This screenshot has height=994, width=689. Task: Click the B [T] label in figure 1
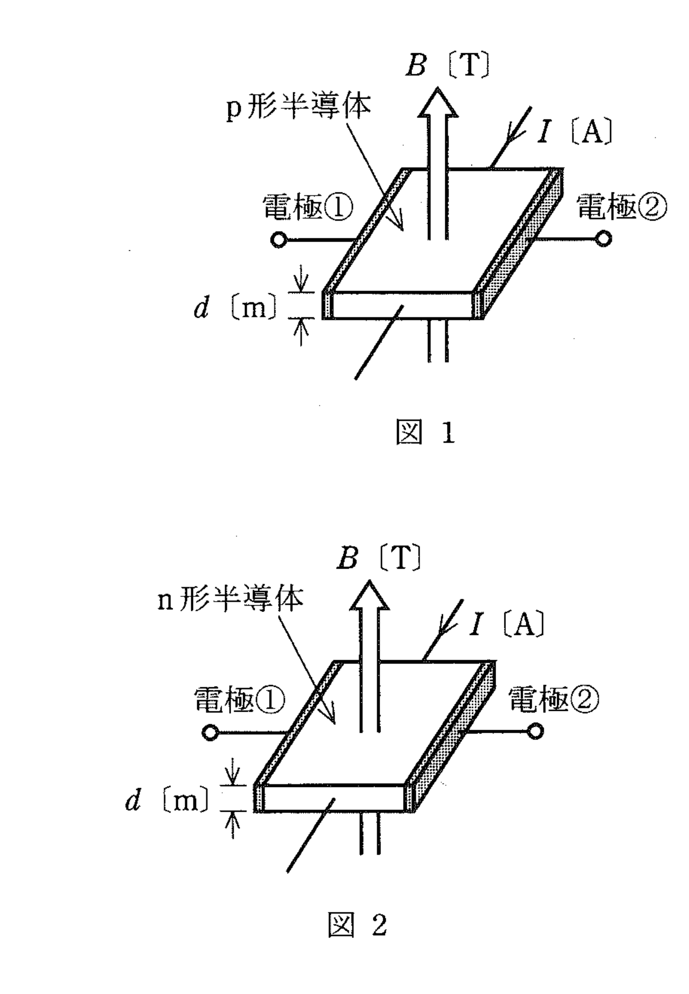(x=448, y=65)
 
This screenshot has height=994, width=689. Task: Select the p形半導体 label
(x=298, y=107)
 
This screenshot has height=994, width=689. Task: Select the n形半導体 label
(x=231, y=599)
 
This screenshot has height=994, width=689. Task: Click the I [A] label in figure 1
(x=576, y=133)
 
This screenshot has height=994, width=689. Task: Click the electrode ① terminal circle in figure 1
(x=279, y=240)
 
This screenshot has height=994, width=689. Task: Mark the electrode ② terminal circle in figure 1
(x=604, y=239)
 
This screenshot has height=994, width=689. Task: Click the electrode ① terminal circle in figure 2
(x=210, y=733)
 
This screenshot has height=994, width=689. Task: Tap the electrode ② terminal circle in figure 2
(x=535, y=732)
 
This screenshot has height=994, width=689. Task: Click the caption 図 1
(x=425, y=434)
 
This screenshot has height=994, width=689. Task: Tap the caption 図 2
(x=357, y=926)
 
